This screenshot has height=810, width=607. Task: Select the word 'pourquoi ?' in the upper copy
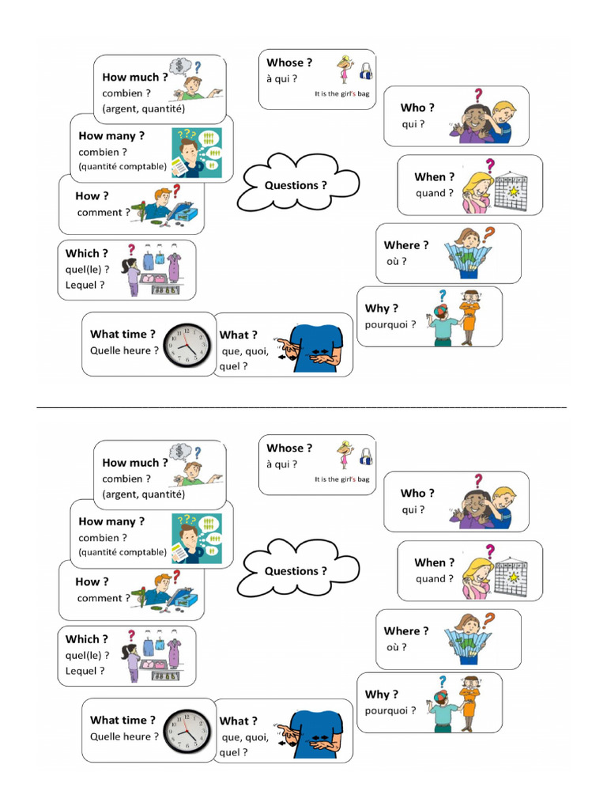[390, 324]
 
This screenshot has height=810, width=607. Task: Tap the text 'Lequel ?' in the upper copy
[85, 285]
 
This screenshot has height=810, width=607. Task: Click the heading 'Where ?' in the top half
[406, 245]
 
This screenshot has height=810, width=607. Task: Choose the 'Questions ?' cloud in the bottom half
[296, 570]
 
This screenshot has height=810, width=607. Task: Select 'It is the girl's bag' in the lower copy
[341, 479]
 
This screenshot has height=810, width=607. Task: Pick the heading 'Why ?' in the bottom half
[382, 694]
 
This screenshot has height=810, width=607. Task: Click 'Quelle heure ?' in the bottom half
[124, 736]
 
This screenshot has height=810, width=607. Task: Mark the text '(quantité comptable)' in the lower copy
[123, 552]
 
